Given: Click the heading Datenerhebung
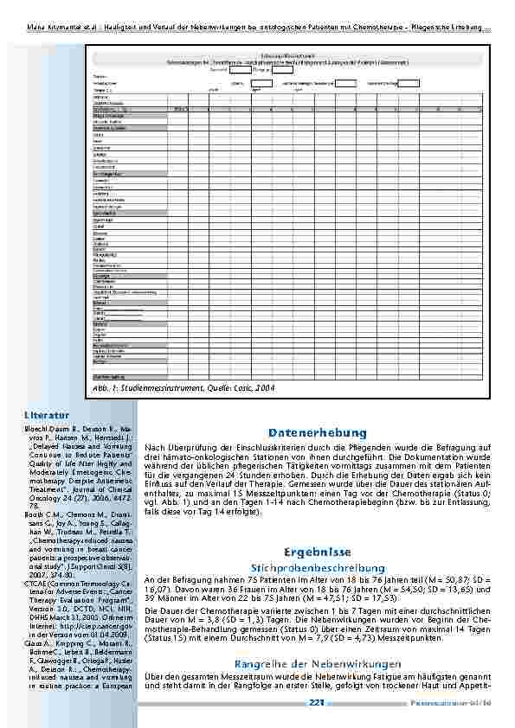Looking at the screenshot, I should point(318,432).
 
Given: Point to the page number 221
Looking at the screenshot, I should point(317,704).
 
